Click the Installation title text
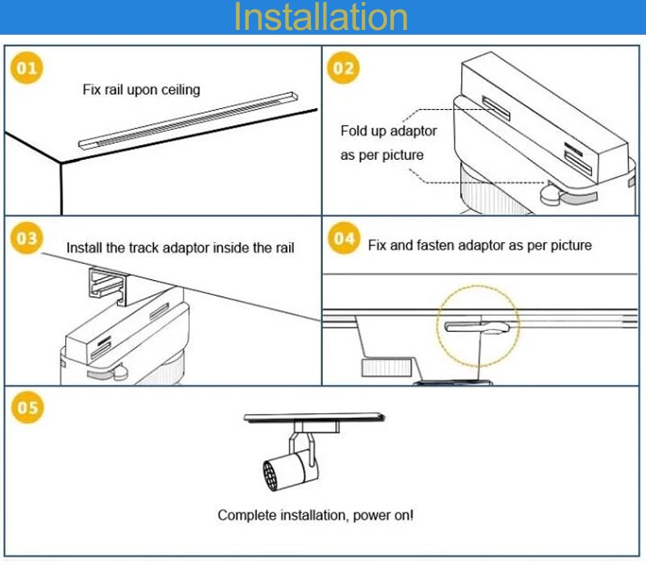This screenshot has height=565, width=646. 321,18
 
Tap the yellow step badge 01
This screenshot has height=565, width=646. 27,69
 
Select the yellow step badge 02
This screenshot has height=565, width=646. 344,69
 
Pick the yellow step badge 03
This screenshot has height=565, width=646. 27,238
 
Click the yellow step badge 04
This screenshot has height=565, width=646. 344,238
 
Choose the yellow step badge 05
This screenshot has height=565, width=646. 27,408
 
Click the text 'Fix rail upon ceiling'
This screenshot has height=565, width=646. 141,89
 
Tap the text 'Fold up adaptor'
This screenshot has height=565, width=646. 388,131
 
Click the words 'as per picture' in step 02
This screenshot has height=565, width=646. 381,155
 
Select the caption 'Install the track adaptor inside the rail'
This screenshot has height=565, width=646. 180,248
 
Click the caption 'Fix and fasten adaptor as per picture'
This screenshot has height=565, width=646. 480,245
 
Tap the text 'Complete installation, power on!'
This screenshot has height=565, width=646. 316,515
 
